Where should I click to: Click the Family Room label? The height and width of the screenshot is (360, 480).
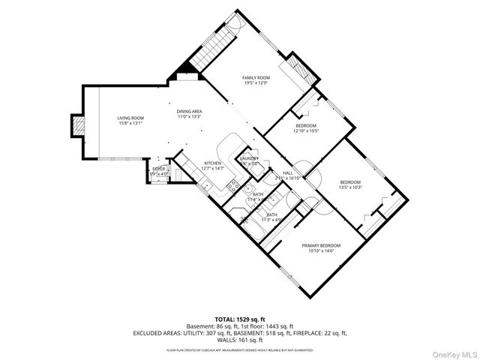tap(255, 78)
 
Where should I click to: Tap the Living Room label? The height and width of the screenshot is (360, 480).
tap(130, 118)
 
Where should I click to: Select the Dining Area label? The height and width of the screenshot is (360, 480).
tap(190, 112)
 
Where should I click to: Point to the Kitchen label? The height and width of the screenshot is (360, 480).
tap(212, 163)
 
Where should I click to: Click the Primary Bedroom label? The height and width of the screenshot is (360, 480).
tap(321, 246)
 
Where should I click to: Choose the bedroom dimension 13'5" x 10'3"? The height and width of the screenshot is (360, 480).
tap(350, 187)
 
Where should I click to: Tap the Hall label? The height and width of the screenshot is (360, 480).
tap(288, 173)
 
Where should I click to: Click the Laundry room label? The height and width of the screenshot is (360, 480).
tap(249, 158)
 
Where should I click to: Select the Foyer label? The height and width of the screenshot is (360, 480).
tap(159, 169)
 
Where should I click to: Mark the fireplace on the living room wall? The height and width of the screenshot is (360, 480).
tap(78, 127)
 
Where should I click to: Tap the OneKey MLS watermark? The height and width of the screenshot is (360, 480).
tap(453, 352)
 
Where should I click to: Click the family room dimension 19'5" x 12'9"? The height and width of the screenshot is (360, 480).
tap(255, 83)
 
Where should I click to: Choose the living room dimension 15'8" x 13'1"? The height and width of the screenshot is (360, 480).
tap(130, 124)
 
